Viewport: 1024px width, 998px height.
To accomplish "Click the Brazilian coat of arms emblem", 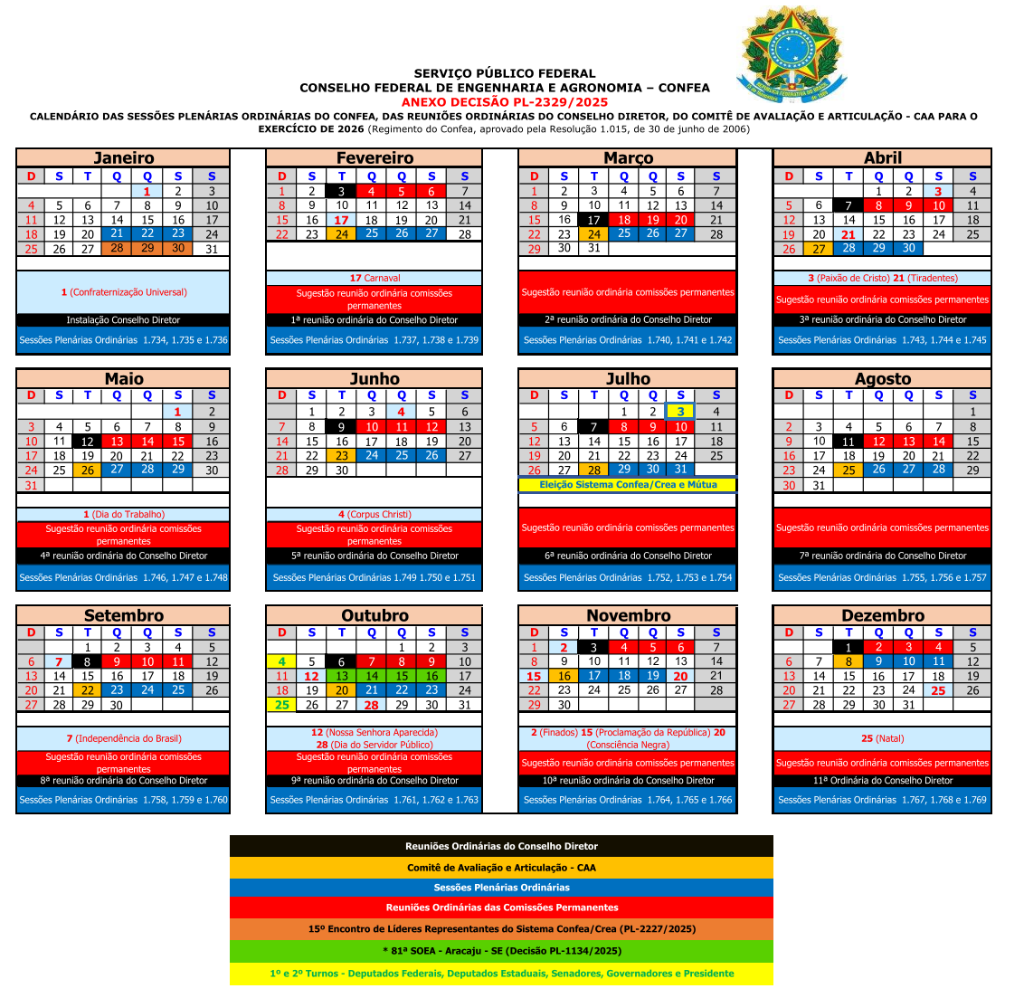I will point(792,54).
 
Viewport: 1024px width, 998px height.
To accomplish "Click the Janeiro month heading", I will point(124,158).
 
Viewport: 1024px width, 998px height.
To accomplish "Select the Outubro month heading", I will point(375,615).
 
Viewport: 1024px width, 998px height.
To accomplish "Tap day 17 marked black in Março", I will point(593,220).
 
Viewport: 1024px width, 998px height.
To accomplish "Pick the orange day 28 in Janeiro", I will point(117,248).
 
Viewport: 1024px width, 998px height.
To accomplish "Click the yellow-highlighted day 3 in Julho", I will point(680,412).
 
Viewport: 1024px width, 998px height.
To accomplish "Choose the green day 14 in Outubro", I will point(372,676).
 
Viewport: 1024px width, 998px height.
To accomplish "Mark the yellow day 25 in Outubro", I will point(282,705).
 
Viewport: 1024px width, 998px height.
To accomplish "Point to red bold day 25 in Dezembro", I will point(938,690).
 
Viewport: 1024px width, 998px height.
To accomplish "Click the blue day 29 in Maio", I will point(178,470).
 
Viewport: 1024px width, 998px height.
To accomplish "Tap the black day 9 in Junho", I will point(341,427).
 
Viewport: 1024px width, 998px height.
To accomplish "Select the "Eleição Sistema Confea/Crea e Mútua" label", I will point(628,485).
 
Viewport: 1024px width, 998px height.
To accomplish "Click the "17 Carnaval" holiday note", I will point(375,278).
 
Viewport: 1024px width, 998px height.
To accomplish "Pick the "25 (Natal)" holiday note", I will point(882,738).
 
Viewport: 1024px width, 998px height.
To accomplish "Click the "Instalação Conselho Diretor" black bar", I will point(123,320).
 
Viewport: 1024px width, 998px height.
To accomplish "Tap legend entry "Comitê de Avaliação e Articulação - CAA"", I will point(501,867).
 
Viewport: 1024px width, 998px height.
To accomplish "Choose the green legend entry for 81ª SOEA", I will point(501,951).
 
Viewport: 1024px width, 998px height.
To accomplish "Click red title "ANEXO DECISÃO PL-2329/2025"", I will point(505,102).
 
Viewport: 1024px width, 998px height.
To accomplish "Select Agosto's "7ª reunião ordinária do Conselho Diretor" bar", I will point(882,556).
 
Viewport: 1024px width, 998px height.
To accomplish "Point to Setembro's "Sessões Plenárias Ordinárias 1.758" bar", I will point(123,800).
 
